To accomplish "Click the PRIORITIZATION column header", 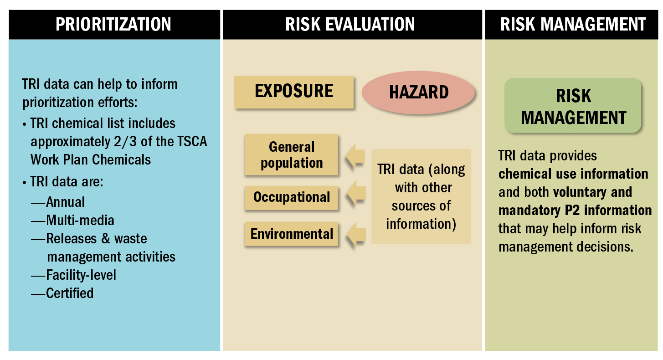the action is (x=114, y=25).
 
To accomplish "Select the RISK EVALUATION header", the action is (x=352, y=25).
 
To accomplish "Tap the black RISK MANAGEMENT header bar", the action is (x=571, y=25).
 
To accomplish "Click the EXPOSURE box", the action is (x=293, y=92).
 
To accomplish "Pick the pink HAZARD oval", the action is (x=418, y=93).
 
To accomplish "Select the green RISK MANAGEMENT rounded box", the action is (x=573, y=106).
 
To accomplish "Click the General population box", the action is (x=291, y=154).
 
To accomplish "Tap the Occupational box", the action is (x=291, y=197).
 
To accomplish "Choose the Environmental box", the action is (x=291, y=234).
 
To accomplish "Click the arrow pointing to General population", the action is (x=355, y=156).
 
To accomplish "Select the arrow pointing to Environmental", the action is (x=356, y=235).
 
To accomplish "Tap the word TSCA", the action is (x=192, y=142).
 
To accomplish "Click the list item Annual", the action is (x=66, y=202).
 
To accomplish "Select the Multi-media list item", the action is (x=80, y=221).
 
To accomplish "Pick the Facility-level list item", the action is (x=81, y=275).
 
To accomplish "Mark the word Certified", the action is (x=70, y=293).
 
